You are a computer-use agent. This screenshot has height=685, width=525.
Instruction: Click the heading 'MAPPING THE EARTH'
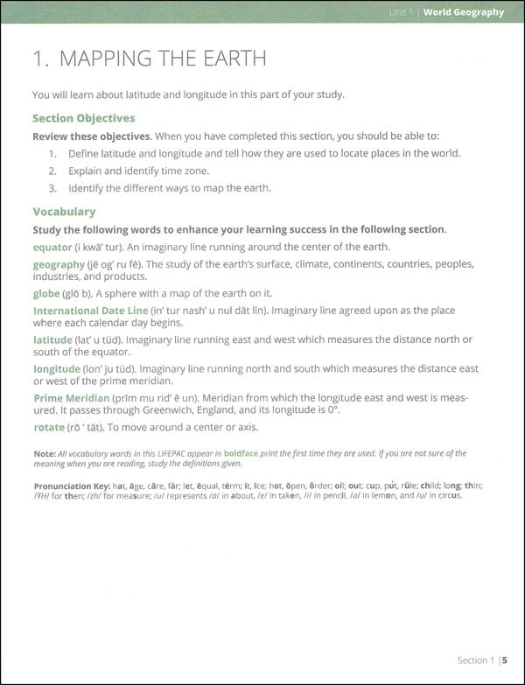(149, 59)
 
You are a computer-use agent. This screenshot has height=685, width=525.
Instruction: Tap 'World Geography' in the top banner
(464, 12)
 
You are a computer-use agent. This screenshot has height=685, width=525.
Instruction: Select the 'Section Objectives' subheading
(84, 117)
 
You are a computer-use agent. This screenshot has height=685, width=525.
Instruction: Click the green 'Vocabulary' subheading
(64, 211)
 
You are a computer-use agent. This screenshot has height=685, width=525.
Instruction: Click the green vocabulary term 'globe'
(47, 293)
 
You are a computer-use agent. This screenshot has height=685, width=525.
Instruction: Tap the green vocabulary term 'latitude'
(52, 339)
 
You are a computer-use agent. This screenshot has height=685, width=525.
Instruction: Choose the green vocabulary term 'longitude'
(57, 369)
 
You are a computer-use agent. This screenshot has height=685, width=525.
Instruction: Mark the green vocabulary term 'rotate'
(49, 427)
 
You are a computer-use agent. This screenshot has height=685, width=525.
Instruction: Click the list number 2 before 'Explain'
(52, 171)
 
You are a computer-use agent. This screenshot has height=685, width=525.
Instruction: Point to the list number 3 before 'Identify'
(52, 188)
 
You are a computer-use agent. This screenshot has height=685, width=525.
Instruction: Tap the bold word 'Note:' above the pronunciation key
(45, 453)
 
